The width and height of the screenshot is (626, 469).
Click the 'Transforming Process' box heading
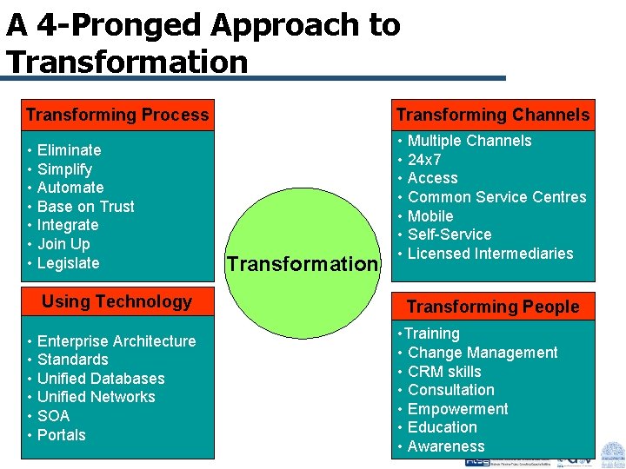pos(117,115)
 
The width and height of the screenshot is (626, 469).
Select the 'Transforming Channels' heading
pos(492,115)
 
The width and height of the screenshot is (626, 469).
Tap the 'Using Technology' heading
pos(117,301)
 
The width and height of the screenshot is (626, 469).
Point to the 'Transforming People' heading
pos(492,307)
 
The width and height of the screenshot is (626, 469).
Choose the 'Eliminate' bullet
pos(69,150)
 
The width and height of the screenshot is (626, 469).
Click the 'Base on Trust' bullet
pos(85,207)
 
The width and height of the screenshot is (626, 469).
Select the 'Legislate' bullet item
pos(68,263)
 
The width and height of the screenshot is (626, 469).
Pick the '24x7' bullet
pos(424,160)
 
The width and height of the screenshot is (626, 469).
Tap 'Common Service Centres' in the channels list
pos(496,197)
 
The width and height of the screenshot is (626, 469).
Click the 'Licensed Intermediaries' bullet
pos(490,254)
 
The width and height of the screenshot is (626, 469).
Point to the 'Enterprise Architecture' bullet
pos(117,341)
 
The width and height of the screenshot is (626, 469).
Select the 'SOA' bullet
pos(53,416)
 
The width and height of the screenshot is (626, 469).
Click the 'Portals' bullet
pos(61,435)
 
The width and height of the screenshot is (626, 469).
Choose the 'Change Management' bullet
pos(483,353)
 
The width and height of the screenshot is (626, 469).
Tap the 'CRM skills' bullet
pos(443,372)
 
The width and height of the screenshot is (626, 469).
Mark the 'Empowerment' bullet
pos(457,409)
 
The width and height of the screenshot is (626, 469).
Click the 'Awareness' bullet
pos(446,446)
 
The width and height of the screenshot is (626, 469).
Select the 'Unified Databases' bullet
pos(101,379)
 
